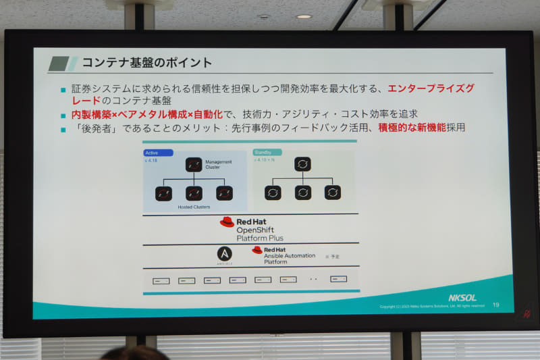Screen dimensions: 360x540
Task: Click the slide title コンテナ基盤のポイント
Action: [146, 63]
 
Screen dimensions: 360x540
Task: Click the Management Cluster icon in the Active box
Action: [194, 165]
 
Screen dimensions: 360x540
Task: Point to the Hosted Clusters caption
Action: [194, 207]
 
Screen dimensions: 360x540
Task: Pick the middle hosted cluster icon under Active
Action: [194, 193]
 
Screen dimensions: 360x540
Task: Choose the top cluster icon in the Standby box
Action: [302, 164]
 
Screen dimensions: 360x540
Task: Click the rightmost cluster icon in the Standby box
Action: [332, 192]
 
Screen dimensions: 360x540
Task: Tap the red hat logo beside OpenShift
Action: [227, 222]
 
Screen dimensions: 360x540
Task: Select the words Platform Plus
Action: [260, 238]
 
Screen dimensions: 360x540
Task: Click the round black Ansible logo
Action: [224, 254]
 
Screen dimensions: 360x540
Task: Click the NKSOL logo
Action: [462, 297]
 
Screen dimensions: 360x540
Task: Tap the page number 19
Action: [496, 305]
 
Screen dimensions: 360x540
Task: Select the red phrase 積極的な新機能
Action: [412, 127]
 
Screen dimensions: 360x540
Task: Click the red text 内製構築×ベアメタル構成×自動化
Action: [146, 114]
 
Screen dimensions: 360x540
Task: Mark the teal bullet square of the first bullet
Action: [63, 89]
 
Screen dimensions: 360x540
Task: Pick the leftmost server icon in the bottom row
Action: [161, 280]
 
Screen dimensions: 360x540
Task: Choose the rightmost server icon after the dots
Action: [338, 279]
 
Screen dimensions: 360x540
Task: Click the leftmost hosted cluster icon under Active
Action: [164, 193]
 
